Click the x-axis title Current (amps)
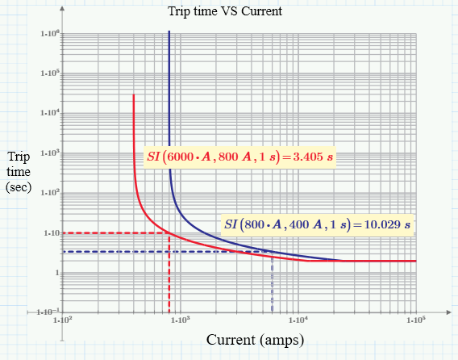click(254, 340)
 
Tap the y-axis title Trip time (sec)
click(17, 171)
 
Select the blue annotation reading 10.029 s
click(317, 223)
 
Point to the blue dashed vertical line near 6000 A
click(272, 283)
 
